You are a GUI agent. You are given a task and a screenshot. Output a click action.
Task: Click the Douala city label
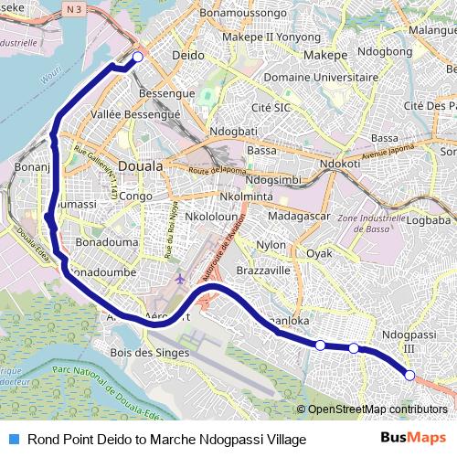(141, 166)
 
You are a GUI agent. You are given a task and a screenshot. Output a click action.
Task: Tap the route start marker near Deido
(137, 58)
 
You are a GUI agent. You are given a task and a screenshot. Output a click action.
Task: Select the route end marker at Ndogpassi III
(409, 376)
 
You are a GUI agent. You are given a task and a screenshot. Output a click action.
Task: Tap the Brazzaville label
(262, 271)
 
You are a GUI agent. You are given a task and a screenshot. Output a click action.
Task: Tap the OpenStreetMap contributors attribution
(377, 409)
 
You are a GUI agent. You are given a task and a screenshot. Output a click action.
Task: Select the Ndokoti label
(339, 165)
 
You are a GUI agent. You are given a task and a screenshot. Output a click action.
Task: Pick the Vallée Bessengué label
(136, 114)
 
